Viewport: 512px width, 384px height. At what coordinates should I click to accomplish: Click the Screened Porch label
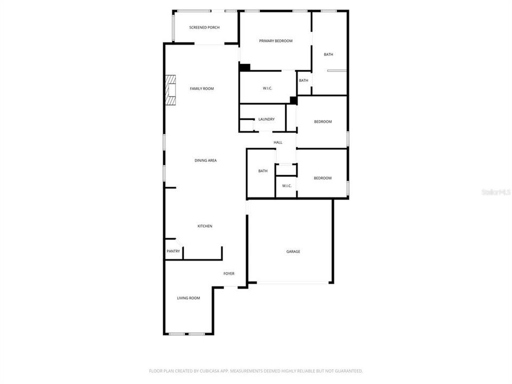(x=204, y=27)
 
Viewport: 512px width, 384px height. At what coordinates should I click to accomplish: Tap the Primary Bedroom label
(x=276, y=41)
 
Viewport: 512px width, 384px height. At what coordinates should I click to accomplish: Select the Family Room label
(x=202, y=89)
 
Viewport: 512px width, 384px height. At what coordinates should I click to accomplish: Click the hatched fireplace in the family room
(x=170, y=91)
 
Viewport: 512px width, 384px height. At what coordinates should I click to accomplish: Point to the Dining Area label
(x=205, y=160)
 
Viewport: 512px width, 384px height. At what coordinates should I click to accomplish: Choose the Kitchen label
(x=205, y=226)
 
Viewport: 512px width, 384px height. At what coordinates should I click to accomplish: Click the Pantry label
(x=173, y=251)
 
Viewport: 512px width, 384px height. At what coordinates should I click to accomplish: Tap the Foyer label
(x=229, y=274)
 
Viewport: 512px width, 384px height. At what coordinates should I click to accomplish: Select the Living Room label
(x=188, y=298)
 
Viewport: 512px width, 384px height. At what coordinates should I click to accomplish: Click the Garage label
(x=293, y=251)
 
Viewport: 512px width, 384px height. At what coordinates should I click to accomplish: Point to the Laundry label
(x=266, y=119)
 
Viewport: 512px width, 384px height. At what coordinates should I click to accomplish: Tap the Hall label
(x=278, y=142)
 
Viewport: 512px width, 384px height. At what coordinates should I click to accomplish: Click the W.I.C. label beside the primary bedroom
(x=268, y=89)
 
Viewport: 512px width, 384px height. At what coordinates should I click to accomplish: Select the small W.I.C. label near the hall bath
(x=286, y=186)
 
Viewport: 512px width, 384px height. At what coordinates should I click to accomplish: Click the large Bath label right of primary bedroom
(x=329, y=54)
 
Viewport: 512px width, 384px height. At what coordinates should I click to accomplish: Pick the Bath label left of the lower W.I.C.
(x=262, y=171)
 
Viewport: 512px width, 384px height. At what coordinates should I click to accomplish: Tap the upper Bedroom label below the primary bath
(x=323, y=122)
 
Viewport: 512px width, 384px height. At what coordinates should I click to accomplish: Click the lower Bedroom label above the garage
(x=323, y=178)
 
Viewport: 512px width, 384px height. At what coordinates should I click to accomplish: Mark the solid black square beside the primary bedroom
(x=245, y=67)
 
